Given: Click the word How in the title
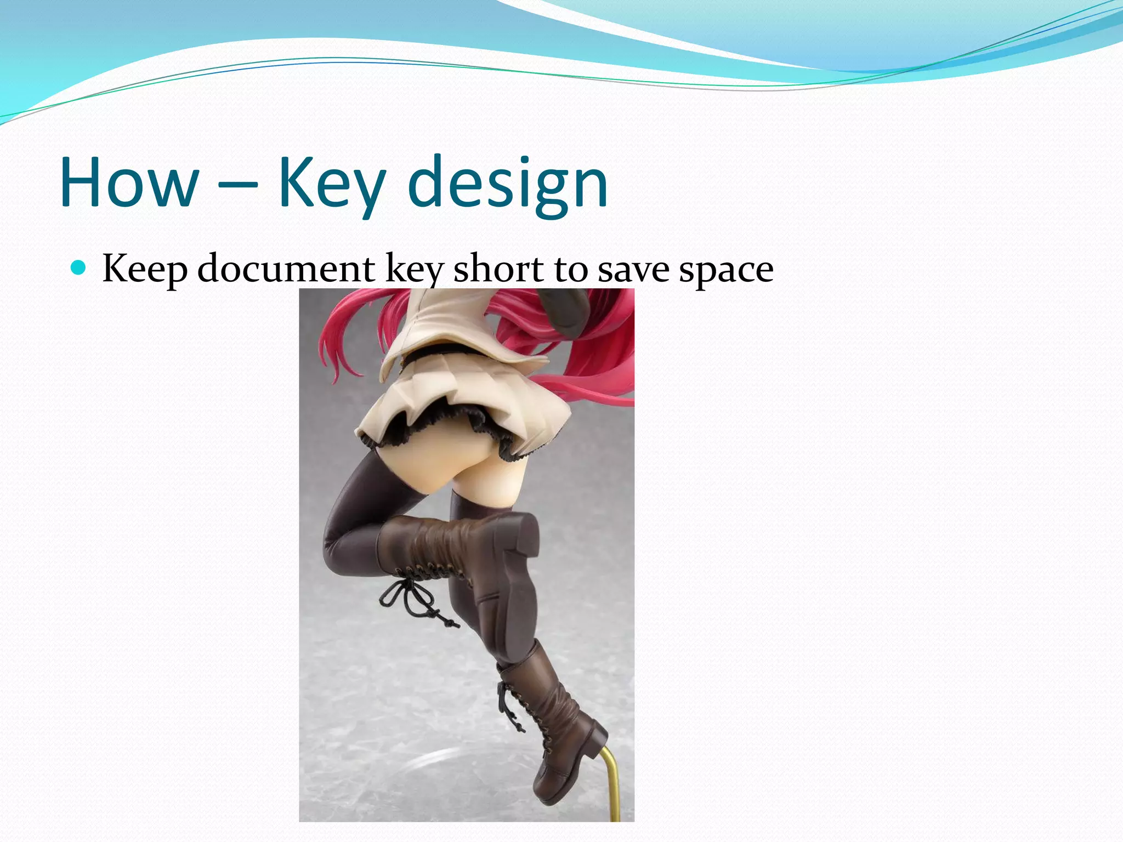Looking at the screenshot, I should [129, 183].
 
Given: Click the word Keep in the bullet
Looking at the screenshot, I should [145, 269].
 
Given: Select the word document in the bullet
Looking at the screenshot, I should [286, 269].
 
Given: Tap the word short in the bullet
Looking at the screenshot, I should [498, 269].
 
